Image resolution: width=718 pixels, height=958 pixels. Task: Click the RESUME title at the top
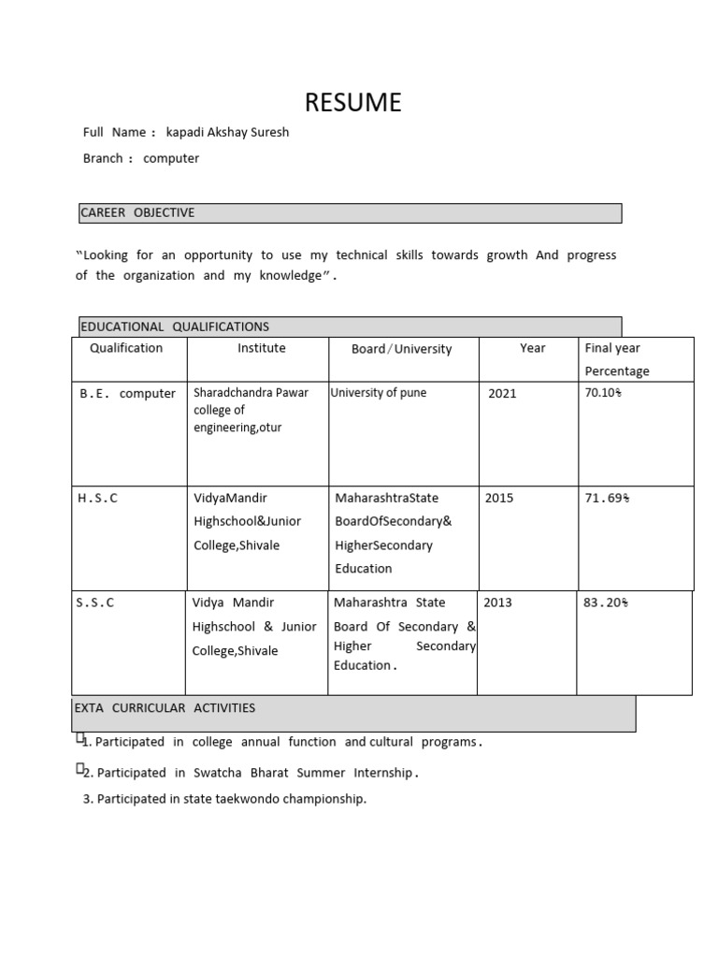(x=353, y=102)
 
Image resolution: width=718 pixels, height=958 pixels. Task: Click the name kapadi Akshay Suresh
(x=227, y=132)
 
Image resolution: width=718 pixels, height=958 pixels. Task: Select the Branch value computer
(x=171, y=158)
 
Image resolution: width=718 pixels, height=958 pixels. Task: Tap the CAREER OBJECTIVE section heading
(x=137, y=212)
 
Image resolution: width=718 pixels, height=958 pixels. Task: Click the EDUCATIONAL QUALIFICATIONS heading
(x=175, y=327)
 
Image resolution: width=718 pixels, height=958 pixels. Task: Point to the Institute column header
(x=262, y=348)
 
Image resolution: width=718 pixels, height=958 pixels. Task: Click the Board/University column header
(x=401, y=349)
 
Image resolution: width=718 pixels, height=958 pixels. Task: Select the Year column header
(x=532, y=348)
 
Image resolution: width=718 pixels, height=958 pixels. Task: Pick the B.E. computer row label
(x=127, y=394)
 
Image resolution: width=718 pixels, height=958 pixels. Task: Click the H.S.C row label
(x=97, y=498)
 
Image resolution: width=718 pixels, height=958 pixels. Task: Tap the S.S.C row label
(x=95, y=602)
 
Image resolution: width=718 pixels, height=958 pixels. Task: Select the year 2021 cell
(x=502, y=394)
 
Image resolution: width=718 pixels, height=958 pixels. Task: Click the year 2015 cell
(x=499, y=498)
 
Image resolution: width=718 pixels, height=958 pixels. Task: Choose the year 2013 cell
(x=497, y=602)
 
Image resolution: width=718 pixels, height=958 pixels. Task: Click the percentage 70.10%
(x=603, y=393)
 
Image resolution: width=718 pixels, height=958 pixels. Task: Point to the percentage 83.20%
(x=603, y=602)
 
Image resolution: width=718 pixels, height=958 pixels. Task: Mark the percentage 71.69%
(x=607, y=498)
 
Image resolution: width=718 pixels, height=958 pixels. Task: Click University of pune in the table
(x=379, y=393)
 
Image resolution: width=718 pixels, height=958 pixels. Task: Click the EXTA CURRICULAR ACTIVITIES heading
(x=165, y=708)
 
